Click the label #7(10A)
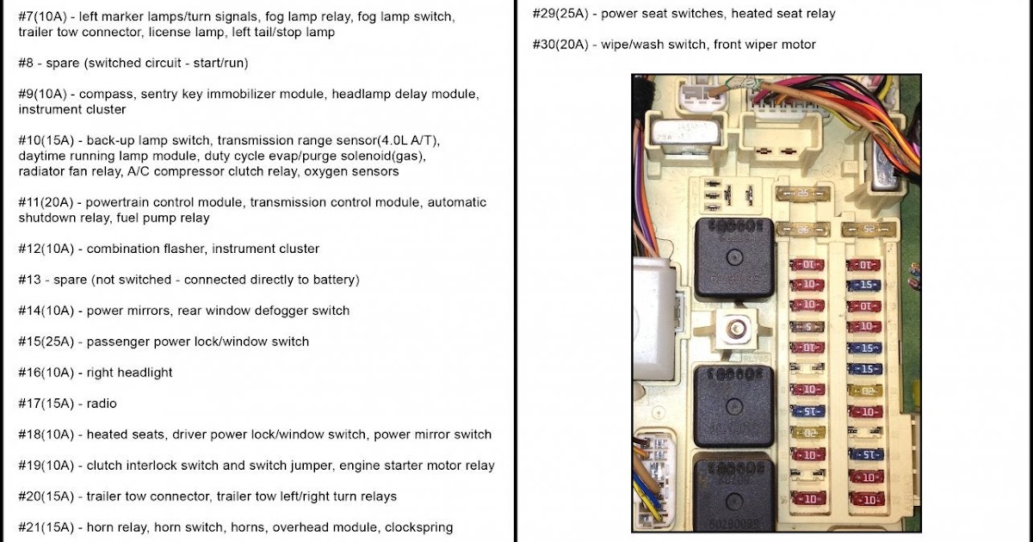coord(45,16)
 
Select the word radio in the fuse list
coord(102,403)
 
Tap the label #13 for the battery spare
coord(31,280)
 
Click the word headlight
coord(142,373)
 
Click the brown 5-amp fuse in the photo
coord(807,327)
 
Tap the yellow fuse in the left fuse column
coord(807,433)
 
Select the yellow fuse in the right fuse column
coord(863,391)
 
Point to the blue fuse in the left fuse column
coord(807,411)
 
